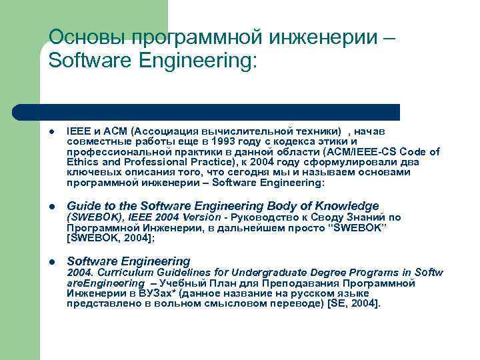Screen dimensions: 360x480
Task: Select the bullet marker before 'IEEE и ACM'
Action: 52,132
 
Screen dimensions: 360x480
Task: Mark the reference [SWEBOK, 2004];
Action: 110,237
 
